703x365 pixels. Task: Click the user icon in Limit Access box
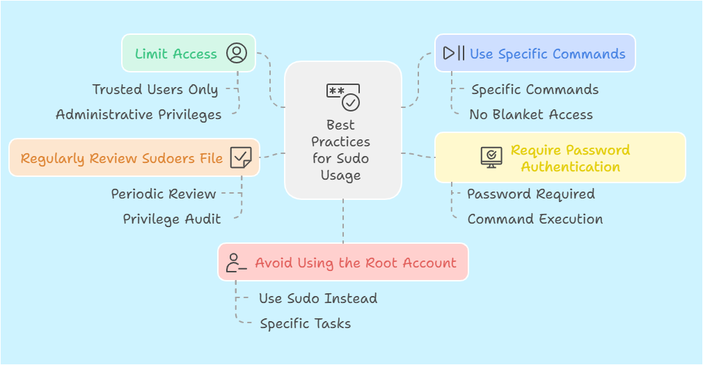(x=237, y=53)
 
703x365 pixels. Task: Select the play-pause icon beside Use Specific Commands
(x=454, y=53)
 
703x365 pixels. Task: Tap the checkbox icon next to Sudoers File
(x=241, y=157)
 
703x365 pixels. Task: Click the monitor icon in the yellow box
(x=491, y=157)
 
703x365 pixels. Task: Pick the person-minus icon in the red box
(x=236, y=263)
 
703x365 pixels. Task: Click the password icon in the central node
(x=343, y=98)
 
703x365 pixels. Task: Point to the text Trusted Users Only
(x=155, y=89)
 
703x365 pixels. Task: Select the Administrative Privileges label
(x=139, y=114)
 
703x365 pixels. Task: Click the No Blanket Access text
(x=531, y=114)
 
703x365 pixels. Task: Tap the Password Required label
(x=530, y=194)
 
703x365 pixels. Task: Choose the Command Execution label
(x=535, y=219)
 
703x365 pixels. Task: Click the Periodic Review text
(x=164, y=194)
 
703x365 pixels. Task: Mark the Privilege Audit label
(x=172, y=219)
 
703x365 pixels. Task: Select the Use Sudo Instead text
(x=318, y=298)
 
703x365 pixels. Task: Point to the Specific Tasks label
(x=305, y=323)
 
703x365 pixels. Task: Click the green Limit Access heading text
(x=176, y=54)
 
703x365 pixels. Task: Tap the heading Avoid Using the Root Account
(x=356, y=263)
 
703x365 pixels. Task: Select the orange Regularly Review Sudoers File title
(x=122, y=158)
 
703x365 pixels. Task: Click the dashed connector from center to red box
(x=343, y=222)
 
